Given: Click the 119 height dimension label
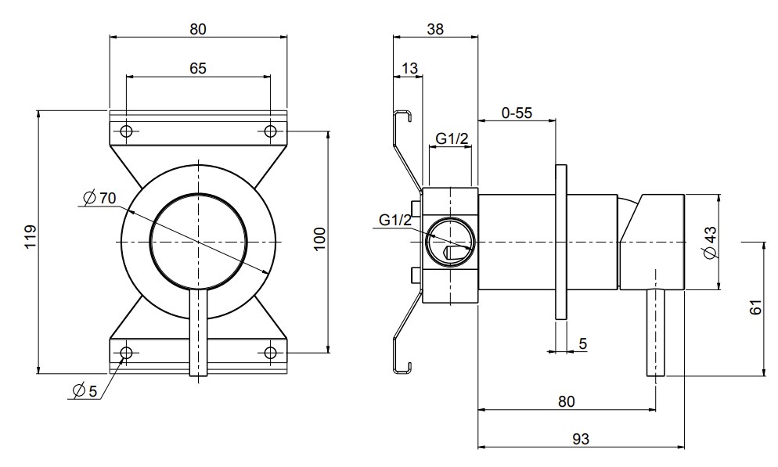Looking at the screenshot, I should click(29, 236).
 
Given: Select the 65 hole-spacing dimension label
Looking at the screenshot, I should click(198, 68).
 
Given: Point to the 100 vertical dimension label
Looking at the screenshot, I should click(319, 238).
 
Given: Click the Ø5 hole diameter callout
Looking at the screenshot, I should click(84, 391).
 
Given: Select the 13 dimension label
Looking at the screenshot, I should click(408, 69).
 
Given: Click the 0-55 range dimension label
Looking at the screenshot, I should click(517, 113).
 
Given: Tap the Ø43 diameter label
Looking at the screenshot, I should click(710, 242).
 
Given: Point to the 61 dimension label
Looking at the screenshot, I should click(755, 307).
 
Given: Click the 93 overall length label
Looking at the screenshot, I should click(579, 439).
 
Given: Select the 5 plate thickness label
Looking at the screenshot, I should click(582, 343).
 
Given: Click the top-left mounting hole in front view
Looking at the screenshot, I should click(126, 131).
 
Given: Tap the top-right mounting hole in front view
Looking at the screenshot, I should click(270, 131).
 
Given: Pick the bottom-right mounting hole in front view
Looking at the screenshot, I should click(270, 352).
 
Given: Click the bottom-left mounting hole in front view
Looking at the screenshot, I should click(126, 352).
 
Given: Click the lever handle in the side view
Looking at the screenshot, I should click(655, 332).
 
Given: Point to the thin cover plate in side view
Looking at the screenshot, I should click(560, 242).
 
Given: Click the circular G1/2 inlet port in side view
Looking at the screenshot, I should click(448, 242).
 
